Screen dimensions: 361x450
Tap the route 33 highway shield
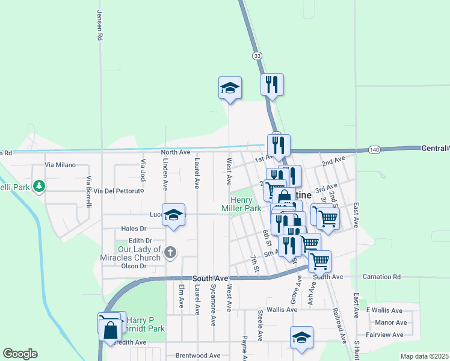tap(257, 55)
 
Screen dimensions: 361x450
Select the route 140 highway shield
tap(374, 149)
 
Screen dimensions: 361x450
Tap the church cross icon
tap(170, 252)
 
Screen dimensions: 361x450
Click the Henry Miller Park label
tap(245, 204)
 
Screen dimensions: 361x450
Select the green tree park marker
tap(39, 186)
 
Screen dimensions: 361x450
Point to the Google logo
tap(20, 354)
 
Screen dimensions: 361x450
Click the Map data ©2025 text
tap(424, 356)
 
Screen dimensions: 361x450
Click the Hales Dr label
tap(134, 229)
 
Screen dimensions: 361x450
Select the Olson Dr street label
tap(134, 266)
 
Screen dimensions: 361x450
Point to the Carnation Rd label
tap(381, 277)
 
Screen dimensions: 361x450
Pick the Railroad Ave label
tap(339, 326)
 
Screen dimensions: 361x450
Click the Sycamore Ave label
tap(213, 305)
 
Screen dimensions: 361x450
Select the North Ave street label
tap(176, 152)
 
